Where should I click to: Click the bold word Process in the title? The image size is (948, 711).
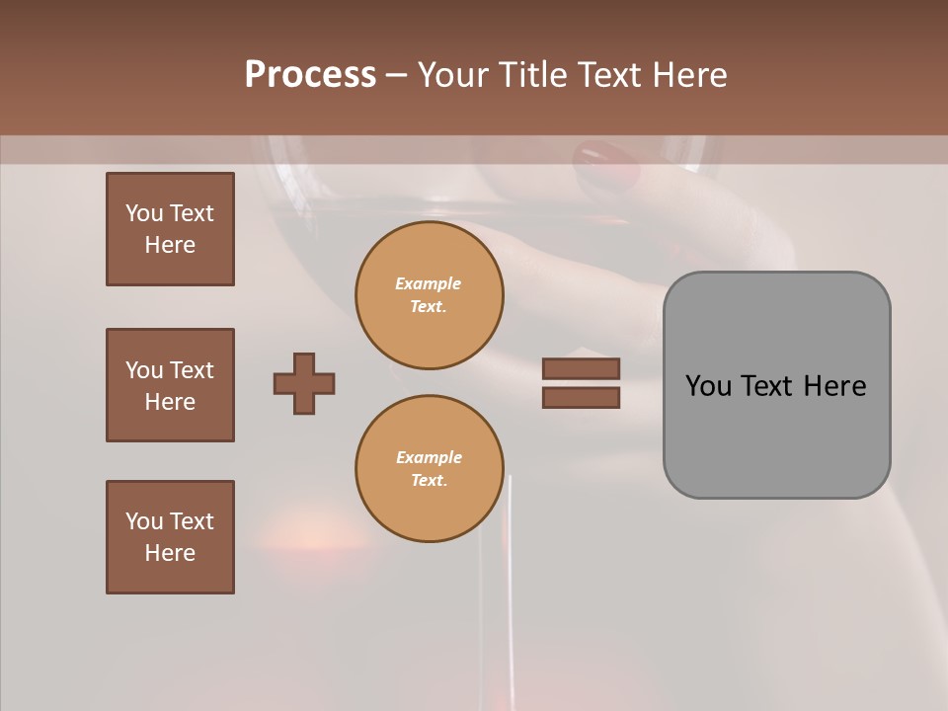click(310, 75)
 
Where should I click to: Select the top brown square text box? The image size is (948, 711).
click(170, 229)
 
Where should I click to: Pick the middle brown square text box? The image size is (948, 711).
click(170, 385)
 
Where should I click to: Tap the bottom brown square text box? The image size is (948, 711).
click(170, 537)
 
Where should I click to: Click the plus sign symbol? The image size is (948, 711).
click(304, 383)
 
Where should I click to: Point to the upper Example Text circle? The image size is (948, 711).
click(429, 295)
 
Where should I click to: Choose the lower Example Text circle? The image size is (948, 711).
click(429, 469)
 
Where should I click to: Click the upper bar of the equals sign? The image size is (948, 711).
click(581, 369)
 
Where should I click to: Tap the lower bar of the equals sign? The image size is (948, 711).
click(581, 398)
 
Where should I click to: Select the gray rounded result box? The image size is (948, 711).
click(776, 385)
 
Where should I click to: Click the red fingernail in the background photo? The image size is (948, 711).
click(606, 163)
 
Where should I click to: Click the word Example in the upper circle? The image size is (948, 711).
click(429, 283)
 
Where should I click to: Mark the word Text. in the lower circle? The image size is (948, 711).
click(429, 481)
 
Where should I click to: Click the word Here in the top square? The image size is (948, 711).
click(170, 245)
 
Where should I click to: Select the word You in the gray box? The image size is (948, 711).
click(710, 386)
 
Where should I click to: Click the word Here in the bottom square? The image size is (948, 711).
click(170, 553)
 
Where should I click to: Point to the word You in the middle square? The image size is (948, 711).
click(143, 370)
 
